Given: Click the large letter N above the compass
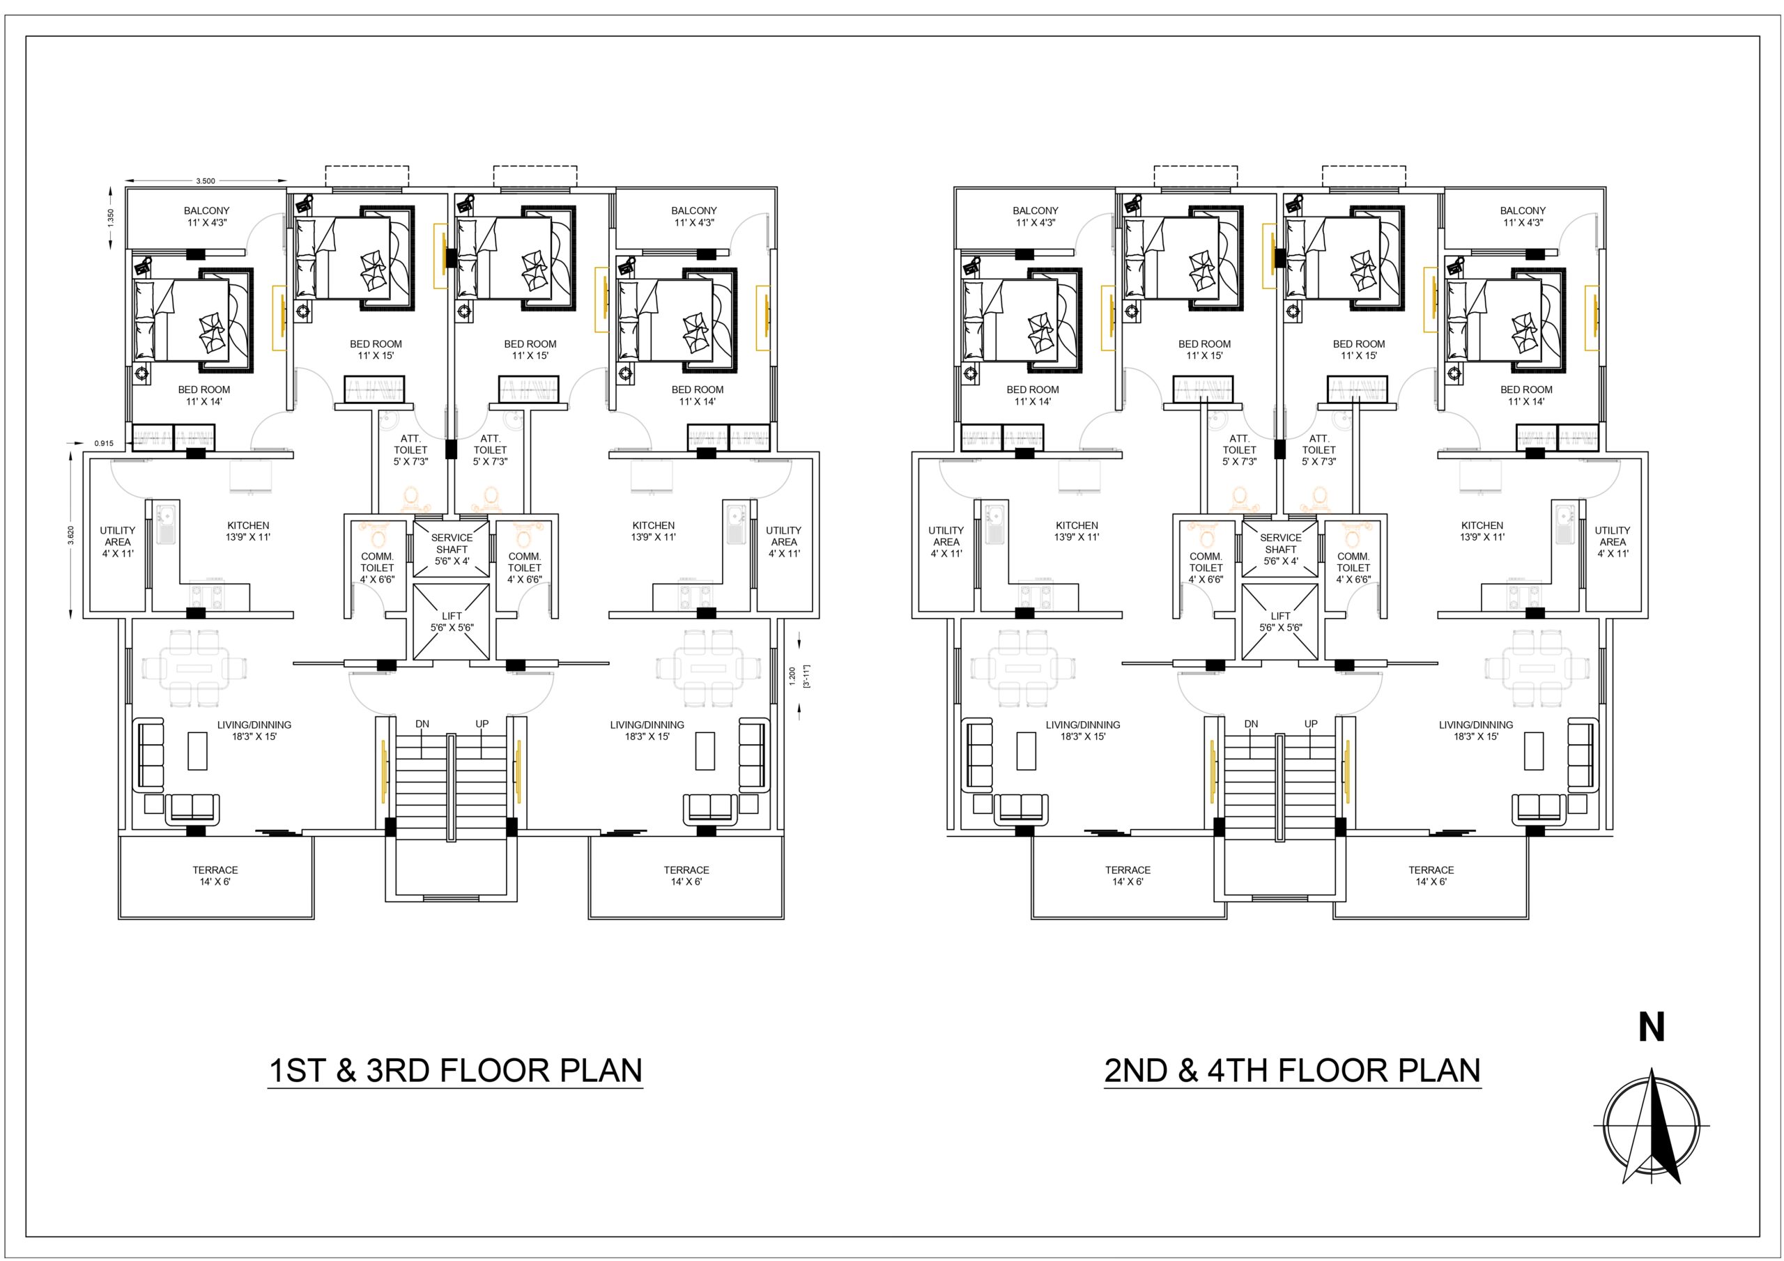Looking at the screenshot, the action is tap(1651, 1027).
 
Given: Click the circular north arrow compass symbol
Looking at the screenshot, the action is tap(1651, 1125).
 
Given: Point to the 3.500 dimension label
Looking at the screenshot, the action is tap(205, 181).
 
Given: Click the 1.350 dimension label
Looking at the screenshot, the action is tap(111, 217).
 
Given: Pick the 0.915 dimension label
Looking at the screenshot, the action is tap(104, 444).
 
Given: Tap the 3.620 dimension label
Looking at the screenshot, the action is tap(70, 535).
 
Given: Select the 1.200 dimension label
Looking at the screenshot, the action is tap(792, 676).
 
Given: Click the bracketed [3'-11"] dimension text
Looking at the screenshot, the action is tap(806, 676).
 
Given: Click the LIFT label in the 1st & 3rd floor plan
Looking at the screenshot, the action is tap(452, 616).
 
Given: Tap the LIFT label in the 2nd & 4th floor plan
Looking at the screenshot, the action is tap(1280, 616).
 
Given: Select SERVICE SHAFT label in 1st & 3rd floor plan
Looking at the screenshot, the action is tap(452, 543).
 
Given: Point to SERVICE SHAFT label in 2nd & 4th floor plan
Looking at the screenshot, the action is tap(1280, 543).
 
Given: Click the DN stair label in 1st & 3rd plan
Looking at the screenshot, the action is tap(422, 724).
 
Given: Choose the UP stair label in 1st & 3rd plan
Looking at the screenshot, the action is tap(482, 724).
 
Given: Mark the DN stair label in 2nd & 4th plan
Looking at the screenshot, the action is tap(1251, 724).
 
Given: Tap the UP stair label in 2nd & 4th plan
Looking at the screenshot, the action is tap(1311, 724).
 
